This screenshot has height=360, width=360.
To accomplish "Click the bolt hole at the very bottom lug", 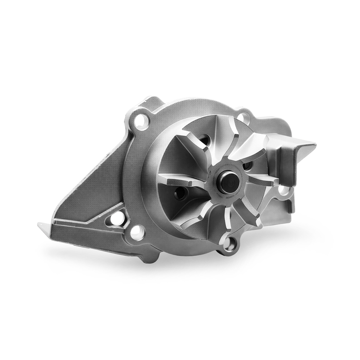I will click(x=228, y=246).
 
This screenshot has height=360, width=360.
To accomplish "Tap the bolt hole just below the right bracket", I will click(x=283, y=190).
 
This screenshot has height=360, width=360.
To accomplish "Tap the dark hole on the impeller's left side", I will click(x=180, y=194).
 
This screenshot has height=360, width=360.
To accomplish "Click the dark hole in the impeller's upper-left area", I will click(x=204, y=140).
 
